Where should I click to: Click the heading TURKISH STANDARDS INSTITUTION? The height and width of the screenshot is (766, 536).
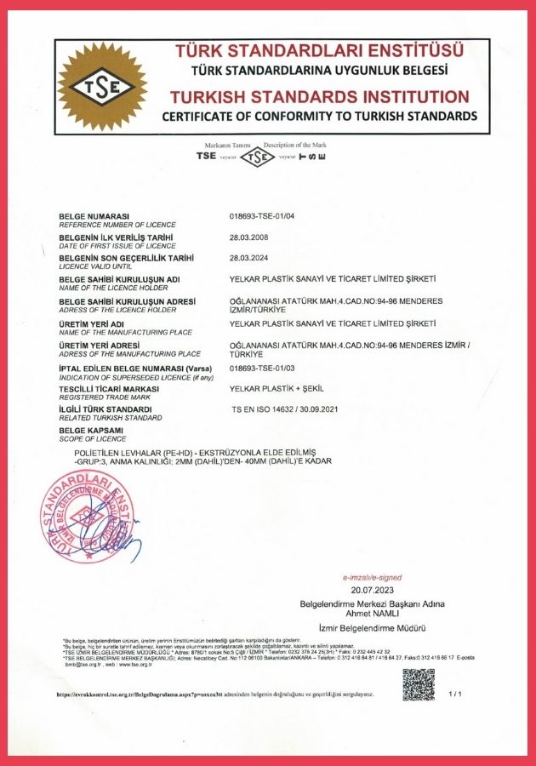[x=319, y=96]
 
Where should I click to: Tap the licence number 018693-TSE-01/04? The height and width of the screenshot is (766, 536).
[x=269, y=217]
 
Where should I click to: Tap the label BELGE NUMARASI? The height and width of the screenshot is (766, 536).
[x=94, y=216]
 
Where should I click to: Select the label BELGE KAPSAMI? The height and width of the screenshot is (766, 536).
[x=91, y=431]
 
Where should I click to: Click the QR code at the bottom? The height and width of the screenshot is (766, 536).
[x=418, y=685]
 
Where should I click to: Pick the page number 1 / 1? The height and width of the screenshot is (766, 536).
[x=455, y=694]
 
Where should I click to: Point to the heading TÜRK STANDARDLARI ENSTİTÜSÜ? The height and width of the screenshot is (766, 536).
[x=319, y=51]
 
